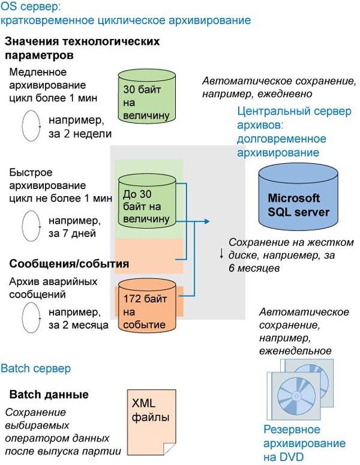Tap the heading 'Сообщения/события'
69,263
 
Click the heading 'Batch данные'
49,395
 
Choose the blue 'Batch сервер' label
36,367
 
